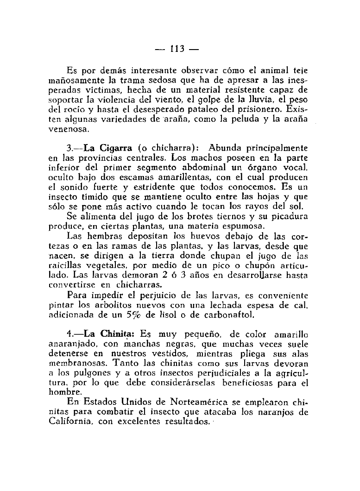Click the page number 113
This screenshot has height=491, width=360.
tap(177, 49)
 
